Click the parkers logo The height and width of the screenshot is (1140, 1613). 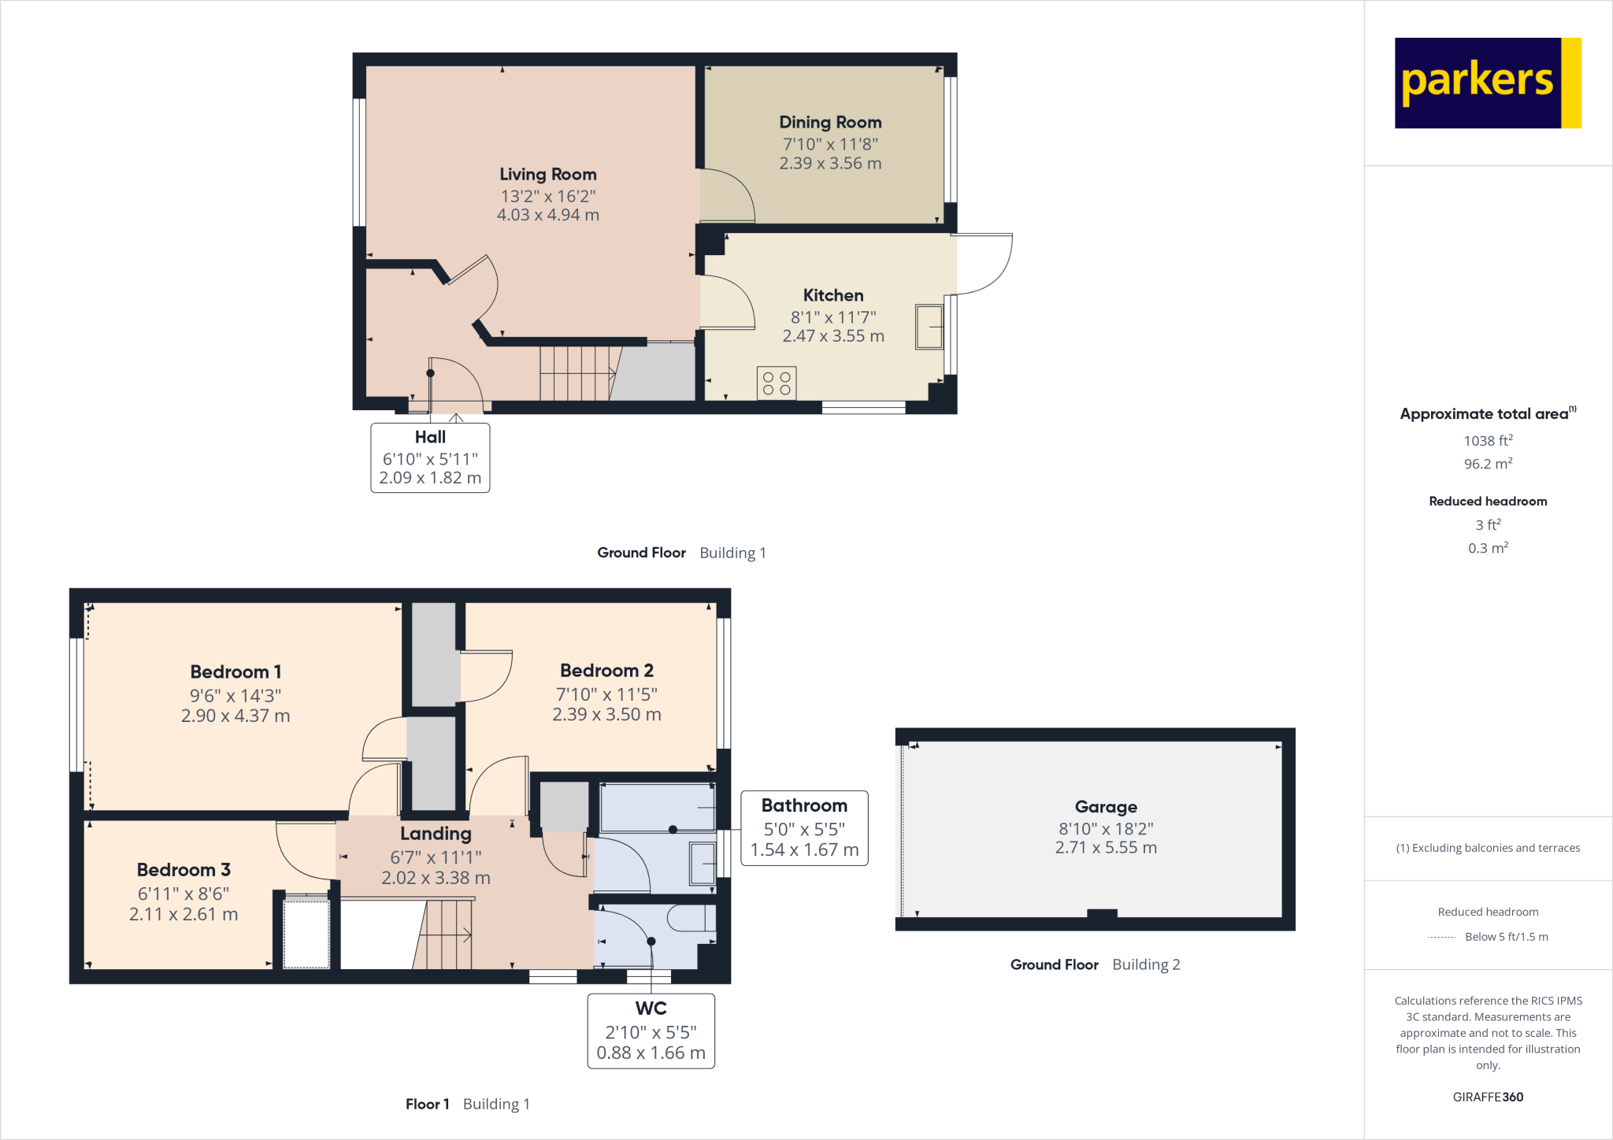pyautogui.click(x=1487, y=83)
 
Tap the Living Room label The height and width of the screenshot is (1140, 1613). pyautogui.click(x=547, y=174)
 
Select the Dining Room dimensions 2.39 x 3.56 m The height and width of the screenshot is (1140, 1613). pyautogui.click(x=830, y=164)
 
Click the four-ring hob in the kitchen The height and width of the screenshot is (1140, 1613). pyautogui.click(x=776, y=383)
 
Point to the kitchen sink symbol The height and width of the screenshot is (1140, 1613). pyautogui.click(x=929, y=327)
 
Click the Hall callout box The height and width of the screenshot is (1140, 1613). pyautogui.click(x=430, y=457)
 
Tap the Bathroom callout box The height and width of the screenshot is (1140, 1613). pyautogui.click(x=804, y=827)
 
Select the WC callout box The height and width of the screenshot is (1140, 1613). pyautogui.click(x=651, y=1031)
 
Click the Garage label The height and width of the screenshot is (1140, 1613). pyautogui.click(x=1106, y=806)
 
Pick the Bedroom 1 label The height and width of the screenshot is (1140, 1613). pyautogui.click(x=235, y=672)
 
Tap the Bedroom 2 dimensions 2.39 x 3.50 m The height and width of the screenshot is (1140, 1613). pyautogui.click(x=606, y=715)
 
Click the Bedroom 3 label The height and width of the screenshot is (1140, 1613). pyautogui.click(x=184, y=870)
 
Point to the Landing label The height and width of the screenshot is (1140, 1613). pyautogui.click(x=436, y=834)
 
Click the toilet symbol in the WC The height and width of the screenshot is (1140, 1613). pyautogui.click(x=690, y=918)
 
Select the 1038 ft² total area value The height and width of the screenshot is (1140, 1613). pyautogui.click(x=1488, y=441)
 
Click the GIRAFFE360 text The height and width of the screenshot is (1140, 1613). pyautogui.click(x=1488, y=1097)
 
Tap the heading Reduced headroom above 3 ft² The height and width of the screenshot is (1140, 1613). pyautogui.click(x=1488, y=502)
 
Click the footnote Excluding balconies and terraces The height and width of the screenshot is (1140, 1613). pyautogui.click(x=1488, y=848)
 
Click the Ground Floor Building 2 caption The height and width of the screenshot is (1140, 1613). pyautogui.click(x=1095, y=964)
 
